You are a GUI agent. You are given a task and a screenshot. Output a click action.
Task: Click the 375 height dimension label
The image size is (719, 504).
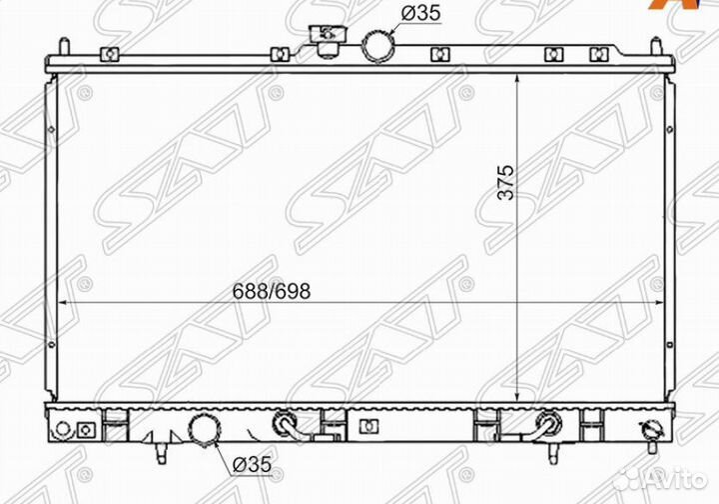pyautogui.click(x=506, y=182)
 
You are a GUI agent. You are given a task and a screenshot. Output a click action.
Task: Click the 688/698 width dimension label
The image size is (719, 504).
pyautogui.click(x=272, y=291)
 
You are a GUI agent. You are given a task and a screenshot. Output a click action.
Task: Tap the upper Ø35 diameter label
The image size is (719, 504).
pyautogui.click(x=420, y=13)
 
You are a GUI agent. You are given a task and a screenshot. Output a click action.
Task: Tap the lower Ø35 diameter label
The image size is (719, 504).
pyautogui.click(x=252, y=465)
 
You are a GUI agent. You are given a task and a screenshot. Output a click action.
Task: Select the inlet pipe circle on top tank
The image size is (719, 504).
pyautogui.click(x=378, y=45)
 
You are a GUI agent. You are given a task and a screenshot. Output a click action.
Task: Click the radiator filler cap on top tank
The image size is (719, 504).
pyautogui.click(x=328, y=40)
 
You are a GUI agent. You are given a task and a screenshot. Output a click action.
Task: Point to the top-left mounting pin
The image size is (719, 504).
pyautogui.click(x=65, y=47)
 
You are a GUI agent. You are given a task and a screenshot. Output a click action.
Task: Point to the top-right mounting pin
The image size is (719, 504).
pyautogui.click(x=657, y=46)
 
